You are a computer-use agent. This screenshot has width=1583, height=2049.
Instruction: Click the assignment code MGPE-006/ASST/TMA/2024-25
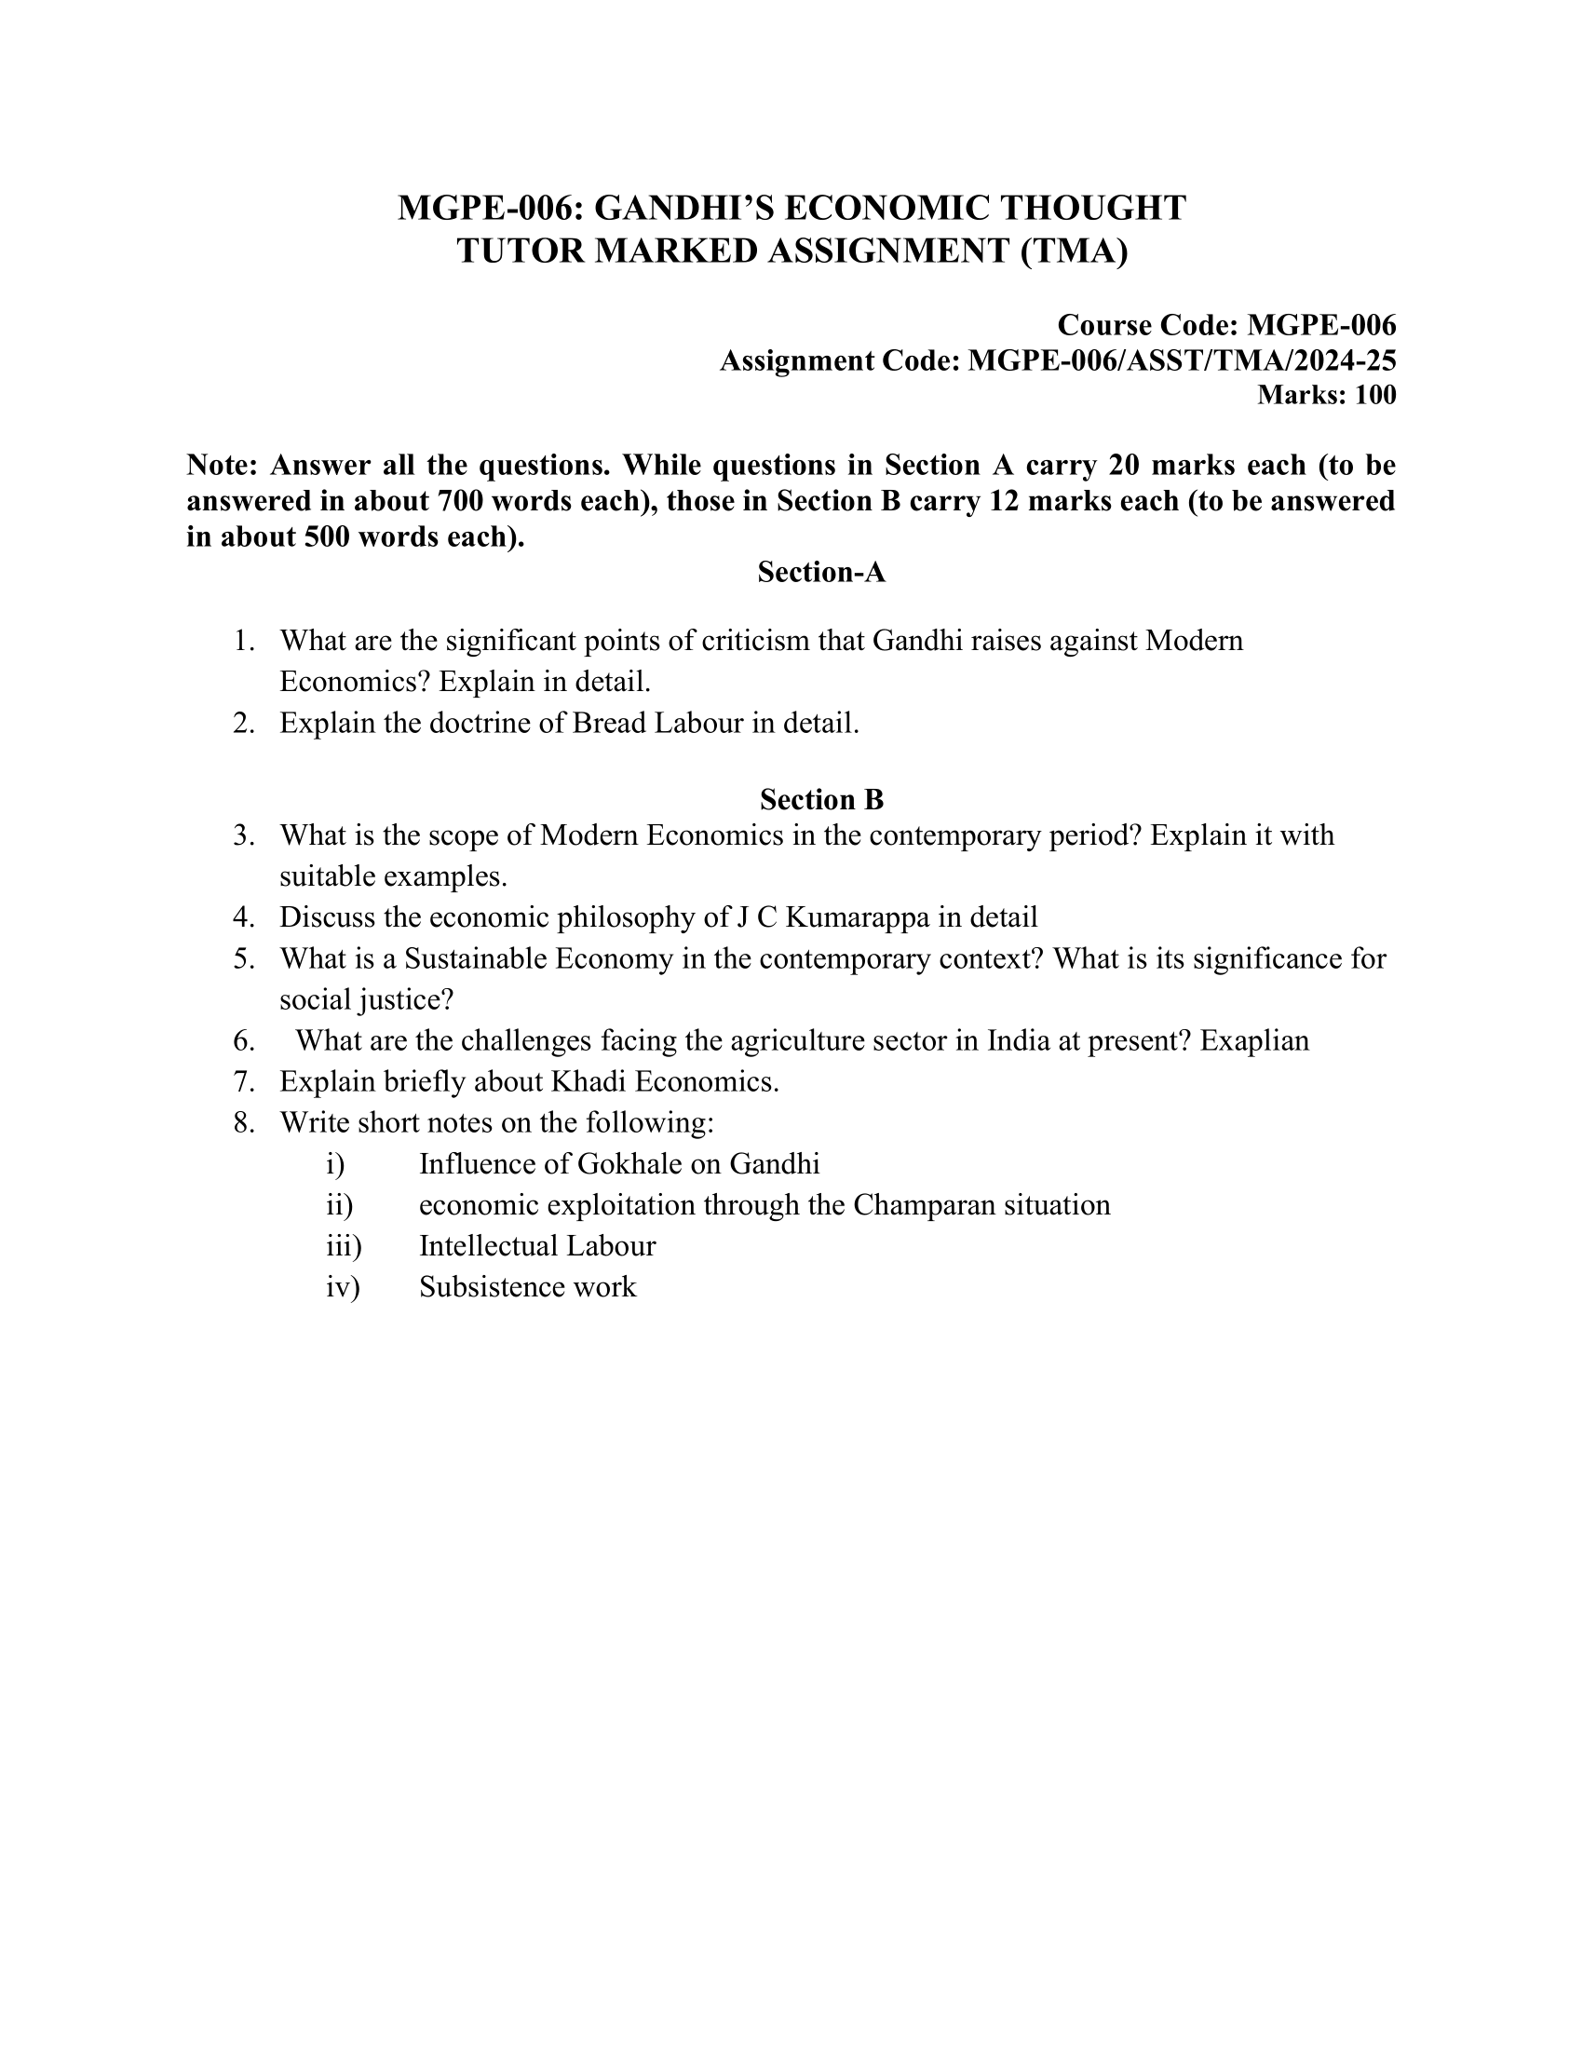[1182, 360]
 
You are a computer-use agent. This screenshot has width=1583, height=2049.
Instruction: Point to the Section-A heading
[821, 572]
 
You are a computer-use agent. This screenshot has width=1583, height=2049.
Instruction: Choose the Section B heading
[821, 799]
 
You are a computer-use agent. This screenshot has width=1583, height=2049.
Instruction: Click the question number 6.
[244, 1040]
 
